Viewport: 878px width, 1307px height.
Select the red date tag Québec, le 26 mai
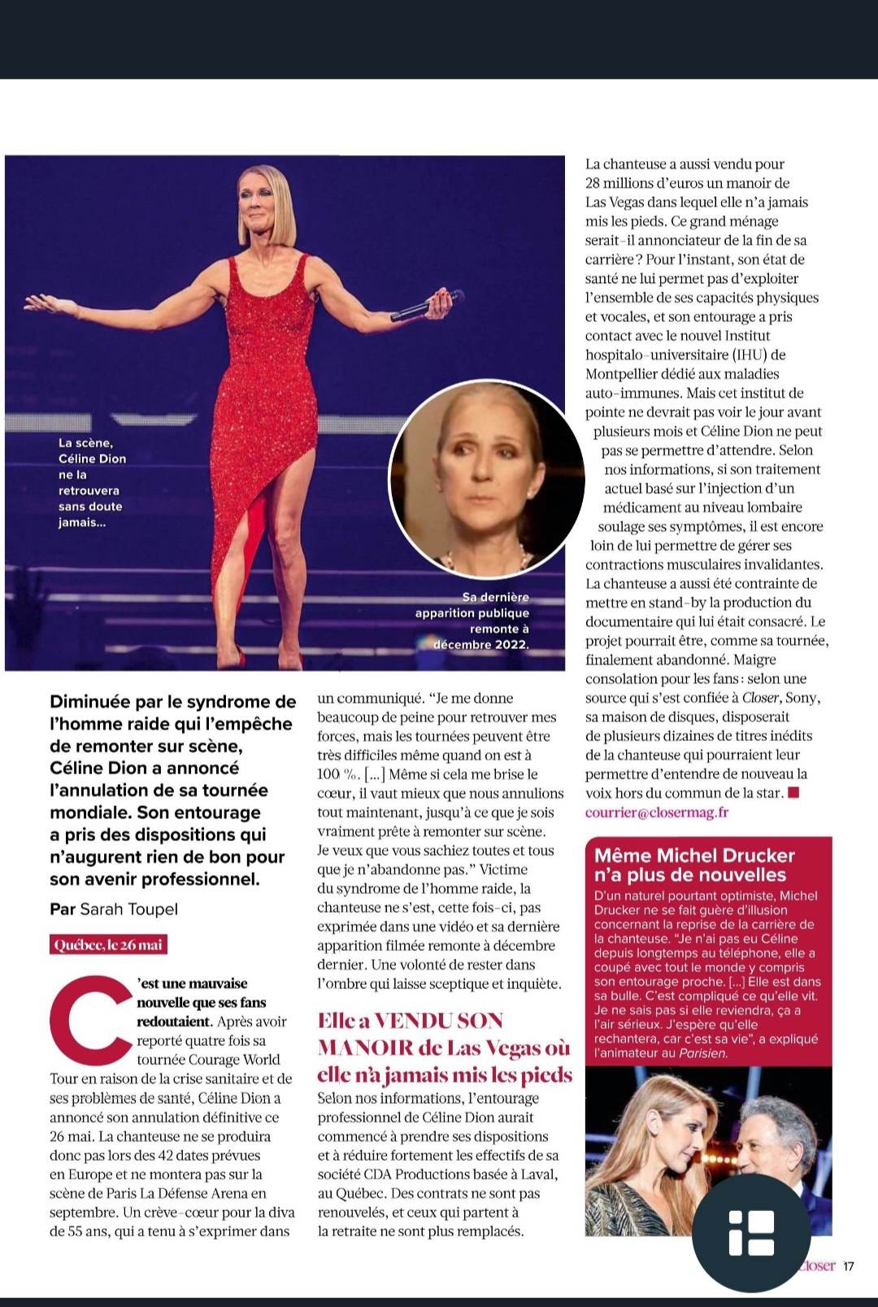[108, 945]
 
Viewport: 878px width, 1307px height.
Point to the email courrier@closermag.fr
[657, 812]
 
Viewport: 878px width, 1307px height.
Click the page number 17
[849, 1266]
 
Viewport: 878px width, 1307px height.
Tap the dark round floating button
[751, 1233]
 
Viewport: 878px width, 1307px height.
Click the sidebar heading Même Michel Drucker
[693, 856]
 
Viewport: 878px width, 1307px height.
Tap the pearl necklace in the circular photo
[488, 561]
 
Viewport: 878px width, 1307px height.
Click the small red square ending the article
[794, 792]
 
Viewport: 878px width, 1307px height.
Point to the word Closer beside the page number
[816, 1266]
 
